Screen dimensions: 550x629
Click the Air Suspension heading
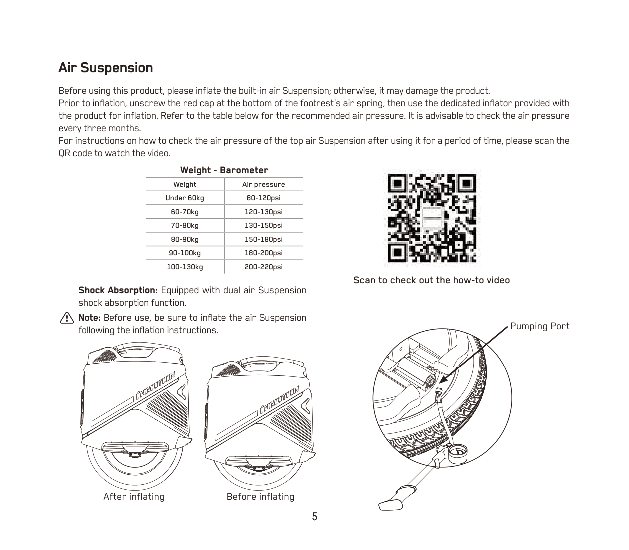click(x=105, y=68)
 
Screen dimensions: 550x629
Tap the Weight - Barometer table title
click(x=224, y=170)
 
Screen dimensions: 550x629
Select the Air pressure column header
click(x=263, y=184)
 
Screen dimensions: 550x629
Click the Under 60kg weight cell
click(x=185, y=198)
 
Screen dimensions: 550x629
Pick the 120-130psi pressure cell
click(x=263, y=212)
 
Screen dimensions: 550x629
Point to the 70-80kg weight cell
click(x=185, y=225)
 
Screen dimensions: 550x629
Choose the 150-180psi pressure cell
click(x=263, y=239)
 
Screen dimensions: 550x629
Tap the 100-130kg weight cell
click(x=185, y=267)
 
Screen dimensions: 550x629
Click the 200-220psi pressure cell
click(x=263, y=267)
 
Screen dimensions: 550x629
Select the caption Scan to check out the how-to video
click(x=431, y=280)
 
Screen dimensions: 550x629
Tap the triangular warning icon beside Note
click(x=66, y=318)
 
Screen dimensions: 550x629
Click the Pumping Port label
click(x=539, y=326)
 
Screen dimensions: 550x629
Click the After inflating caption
click(x=134, y=497)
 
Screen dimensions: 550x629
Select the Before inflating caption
click(x=260, y=497)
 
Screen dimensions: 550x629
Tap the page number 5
click(x=314, y=517)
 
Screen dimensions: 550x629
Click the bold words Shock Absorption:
click(x=118, y=290)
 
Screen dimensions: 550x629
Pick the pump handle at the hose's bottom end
click(x=394, y=500)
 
